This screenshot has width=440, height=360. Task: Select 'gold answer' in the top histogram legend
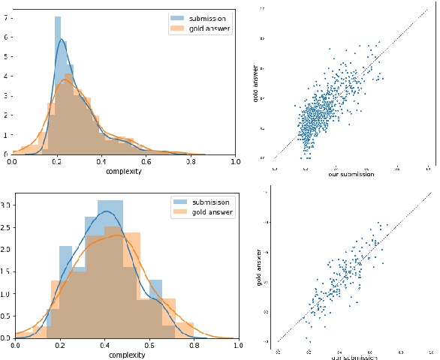207,29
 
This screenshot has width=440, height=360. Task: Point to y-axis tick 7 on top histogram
7,16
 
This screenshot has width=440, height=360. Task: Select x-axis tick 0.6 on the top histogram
146,161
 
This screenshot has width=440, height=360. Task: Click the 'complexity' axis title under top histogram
124,171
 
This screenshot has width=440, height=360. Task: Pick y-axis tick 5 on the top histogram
7,55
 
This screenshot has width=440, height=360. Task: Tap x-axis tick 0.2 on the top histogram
57,161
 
